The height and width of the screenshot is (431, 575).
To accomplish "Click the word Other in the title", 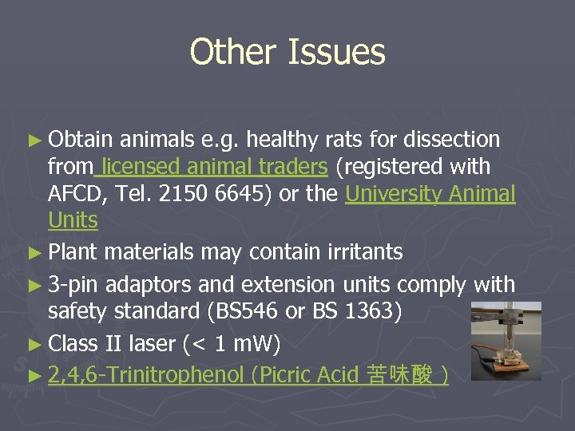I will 232,53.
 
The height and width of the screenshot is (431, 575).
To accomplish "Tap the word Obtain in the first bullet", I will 81,140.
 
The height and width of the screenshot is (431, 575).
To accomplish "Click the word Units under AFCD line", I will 73,220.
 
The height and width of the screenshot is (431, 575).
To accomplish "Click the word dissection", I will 452,140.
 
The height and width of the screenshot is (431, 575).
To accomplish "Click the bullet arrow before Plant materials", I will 38,252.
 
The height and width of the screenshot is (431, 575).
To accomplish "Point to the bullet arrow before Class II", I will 38,344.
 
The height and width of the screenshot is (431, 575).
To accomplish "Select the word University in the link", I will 394,194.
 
